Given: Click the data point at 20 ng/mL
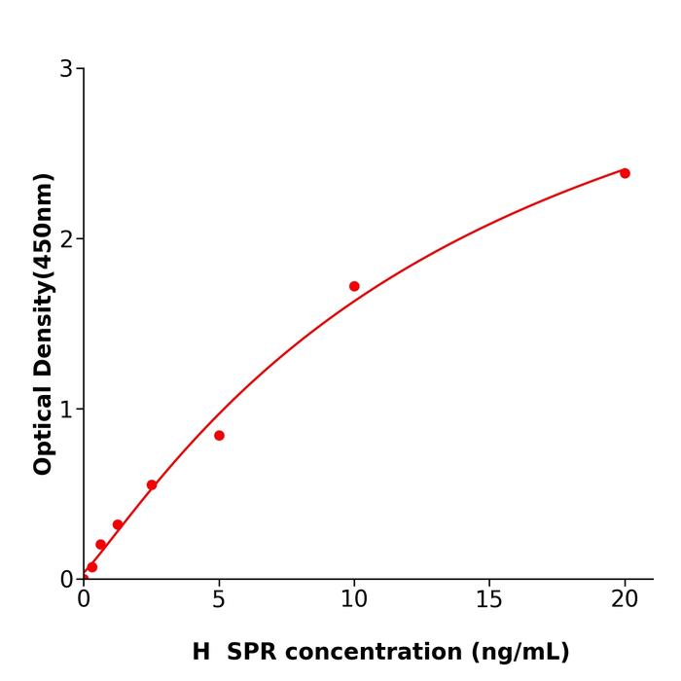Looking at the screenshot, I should [x=625, y=173].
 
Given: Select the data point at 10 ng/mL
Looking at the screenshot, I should [x=354, y=286].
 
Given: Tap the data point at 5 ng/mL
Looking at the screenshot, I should [x=219, y=436].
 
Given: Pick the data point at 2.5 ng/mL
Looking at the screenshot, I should [x=152, y=485].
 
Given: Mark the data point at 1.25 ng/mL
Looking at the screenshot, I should [x=118, y=524].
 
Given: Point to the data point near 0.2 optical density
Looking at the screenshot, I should [x=101, y=545].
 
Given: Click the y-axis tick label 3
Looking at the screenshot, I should [x=66, y=69].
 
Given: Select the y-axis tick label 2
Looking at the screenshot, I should [x=66, y=239].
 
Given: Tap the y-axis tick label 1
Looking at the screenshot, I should [x=66, y=410].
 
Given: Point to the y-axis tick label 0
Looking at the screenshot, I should [x=66, y=580].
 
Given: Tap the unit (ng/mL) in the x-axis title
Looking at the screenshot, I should [x=520, y=652].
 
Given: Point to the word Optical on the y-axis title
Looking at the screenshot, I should [x=43, y=426].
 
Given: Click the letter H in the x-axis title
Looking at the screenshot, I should [x=200, y=652].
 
